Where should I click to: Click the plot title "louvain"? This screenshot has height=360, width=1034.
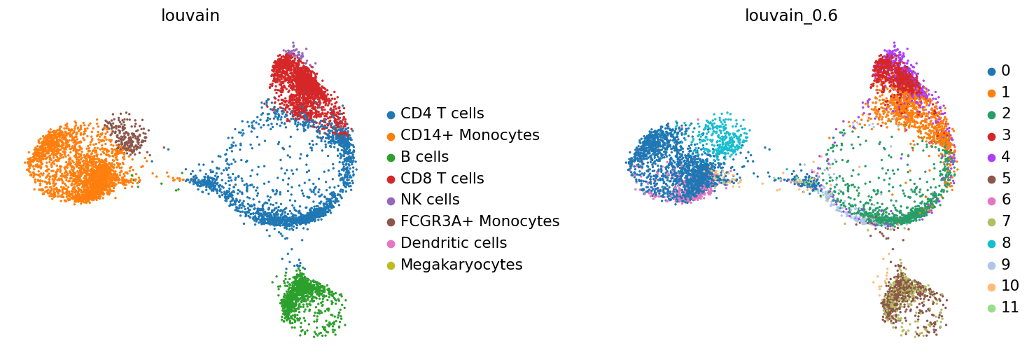(x=190, y=15)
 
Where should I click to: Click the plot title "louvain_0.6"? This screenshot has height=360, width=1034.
(x=791, y=15)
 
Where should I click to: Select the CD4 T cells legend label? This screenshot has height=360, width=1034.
(x=442, y=113)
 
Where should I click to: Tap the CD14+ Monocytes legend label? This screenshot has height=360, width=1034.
(x=470, y=135)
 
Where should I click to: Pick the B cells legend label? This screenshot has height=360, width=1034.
(x=425, y=157)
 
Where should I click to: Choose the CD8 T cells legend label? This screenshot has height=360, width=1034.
(x=442, y=178)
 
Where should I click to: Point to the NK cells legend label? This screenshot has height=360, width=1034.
(x=431, y=200)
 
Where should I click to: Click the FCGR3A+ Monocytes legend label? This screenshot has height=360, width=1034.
(x=480, y=221)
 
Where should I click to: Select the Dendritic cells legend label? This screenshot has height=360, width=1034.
(x=454, y=243)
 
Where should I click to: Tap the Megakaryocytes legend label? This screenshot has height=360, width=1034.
(x=461, y=265)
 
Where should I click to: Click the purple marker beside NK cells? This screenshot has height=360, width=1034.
(x=391, y=201)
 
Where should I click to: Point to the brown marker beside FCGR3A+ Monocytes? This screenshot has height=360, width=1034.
(x=391, y=223)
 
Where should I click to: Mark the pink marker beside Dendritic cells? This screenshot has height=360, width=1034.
(x=391, y=244)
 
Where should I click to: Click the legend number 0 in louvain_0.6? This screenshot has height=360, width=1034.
(x=1005, y=71)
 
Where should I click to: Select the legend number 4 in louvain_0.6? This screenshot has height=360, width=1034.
(x=1005, y=157)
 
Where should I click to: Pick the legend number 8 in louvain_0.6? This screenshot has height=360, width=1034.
(x=1005, y=243)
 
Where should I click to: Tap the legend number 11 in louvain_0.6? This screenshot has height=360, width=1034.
(x=1009, y=307)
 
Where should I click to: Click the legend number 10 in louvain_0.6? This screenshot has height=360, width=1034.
(x=1009, y=286)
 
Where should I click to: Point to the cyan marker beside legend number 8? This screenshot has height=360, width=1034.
(x=991, y=244)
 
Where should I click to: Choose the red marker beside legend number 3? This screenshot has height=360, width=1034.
(x=991, y=136)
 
